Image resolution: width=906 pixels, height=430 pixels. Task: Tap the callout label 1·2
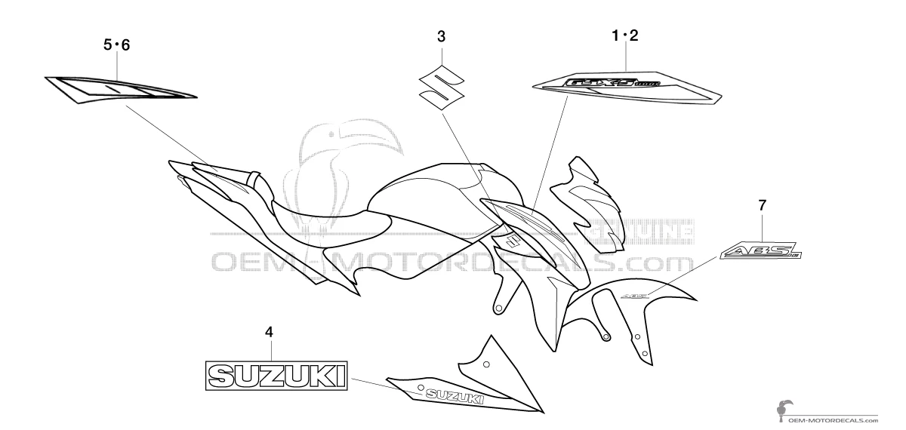[624, 35]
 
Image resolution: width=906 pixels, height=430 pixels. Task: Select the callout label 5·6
[117, 45]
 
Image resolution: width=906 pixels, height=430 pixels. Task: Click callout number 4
[269, 331]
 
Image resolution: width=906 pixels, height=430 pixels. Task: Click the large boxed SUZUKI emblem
[277, 373]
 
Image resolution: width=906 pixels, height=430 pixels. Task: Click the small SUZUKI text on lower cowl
[455, 396]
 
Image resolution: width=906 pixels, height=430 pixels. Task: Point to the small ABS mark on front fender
[633, 296]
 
